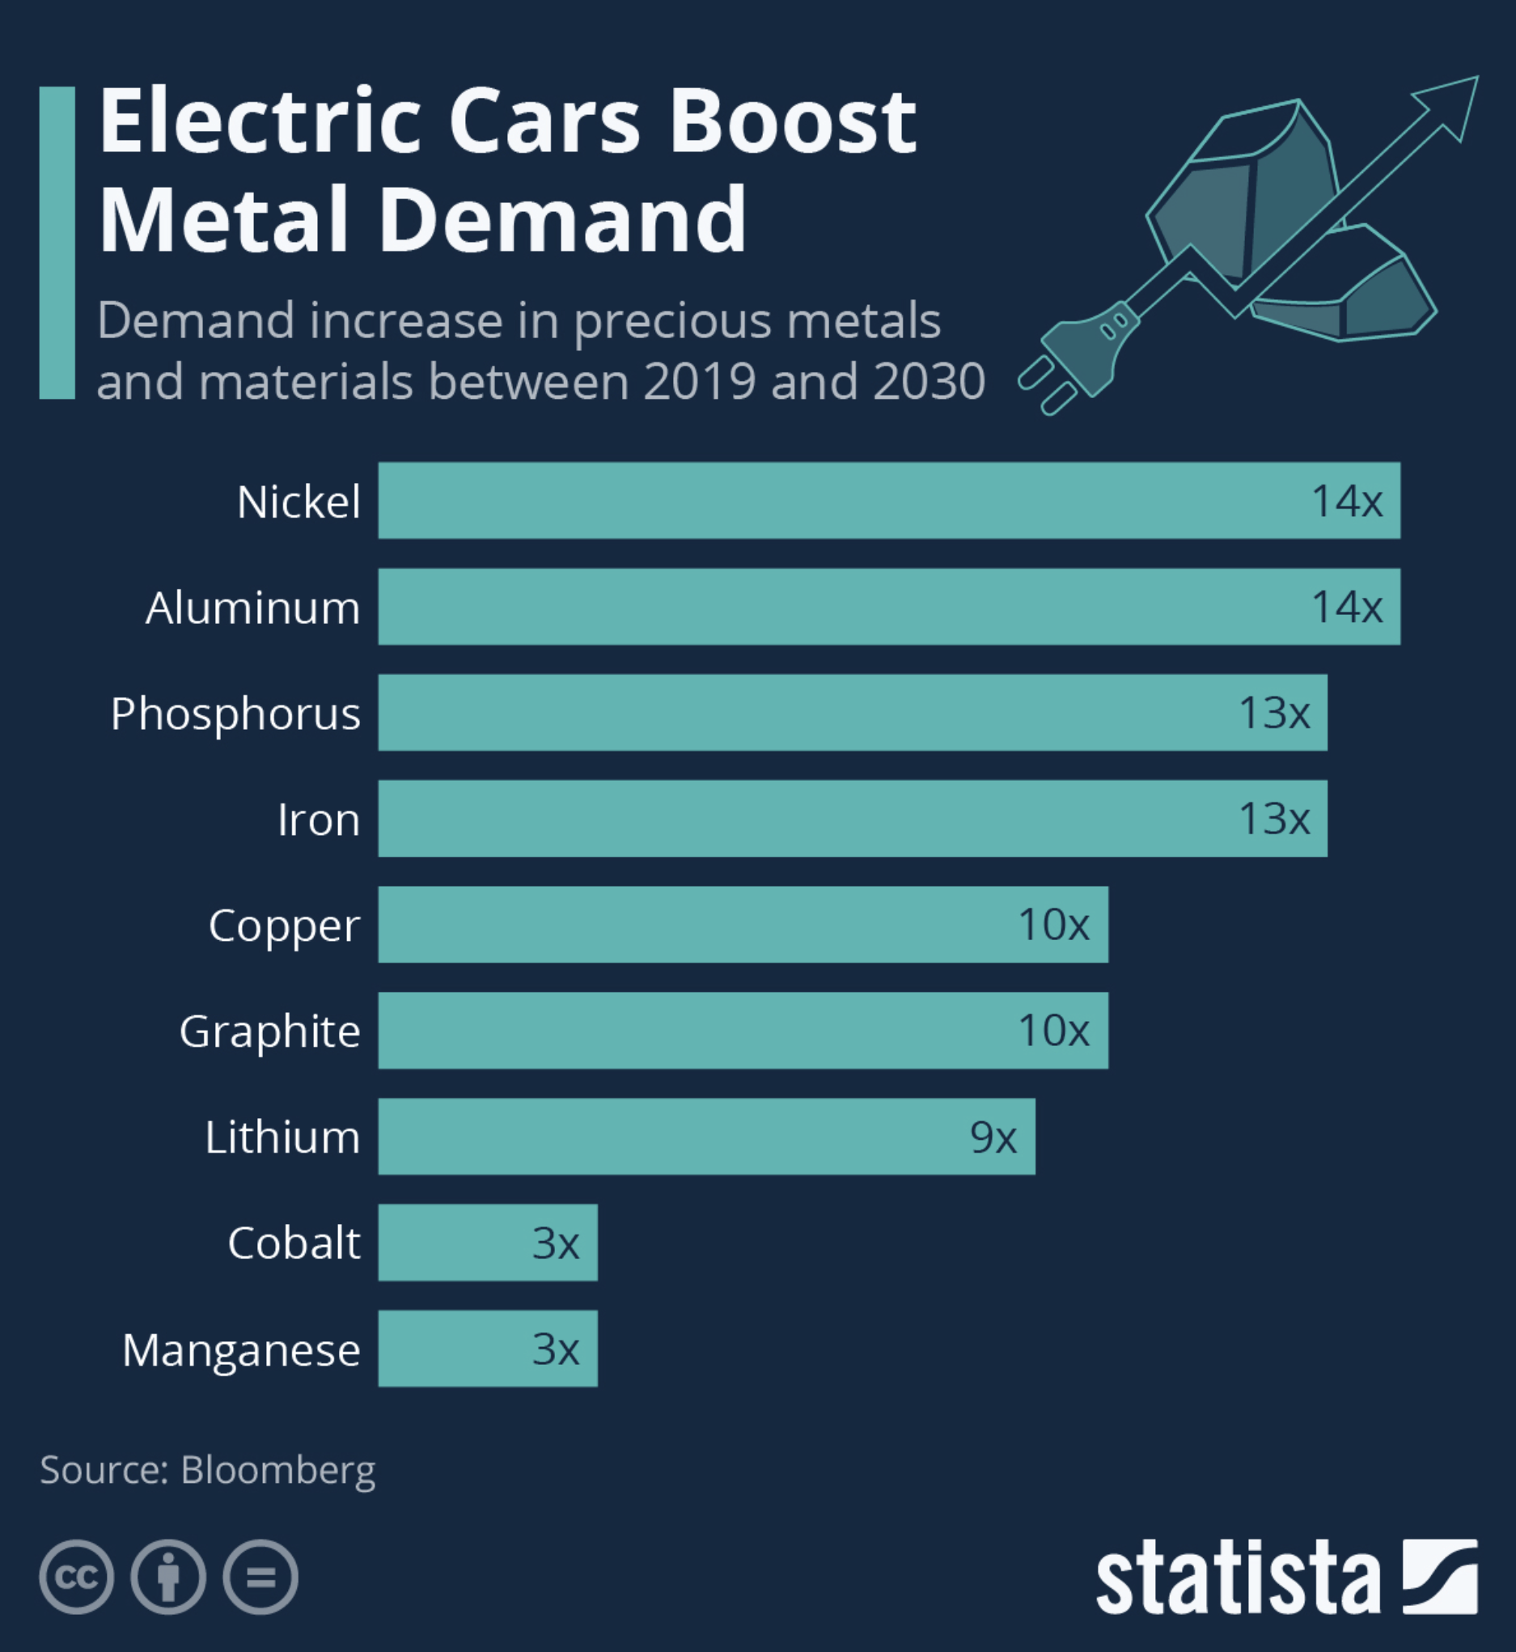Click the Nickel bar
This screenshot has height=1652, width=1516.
888,500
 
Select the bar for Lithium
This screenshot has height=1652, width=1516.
705,1137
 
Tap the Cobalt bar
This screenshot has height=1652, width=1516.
487,1243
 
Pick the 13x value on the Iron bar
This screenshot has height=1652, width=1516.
1274,819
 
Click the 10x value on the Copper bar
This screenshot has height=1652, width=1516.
1054,925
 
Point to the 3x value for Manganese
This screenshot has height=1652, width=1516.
556,1349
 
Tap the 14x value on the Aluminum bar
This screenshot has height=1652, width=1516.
1347,607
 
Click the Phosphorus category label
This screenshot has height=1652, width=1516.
235,714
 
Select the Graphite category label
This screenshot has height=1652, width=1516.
270,1031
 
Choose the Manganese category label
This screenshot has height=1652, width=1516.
241,1350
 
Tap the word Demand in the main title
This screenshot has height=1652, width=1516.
563,220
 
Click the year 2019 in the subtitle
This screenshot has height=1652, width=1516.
699,381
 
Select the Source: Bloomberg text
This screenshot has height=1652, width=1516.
208,1470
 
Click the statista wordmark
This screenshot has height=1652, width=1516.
1239,1578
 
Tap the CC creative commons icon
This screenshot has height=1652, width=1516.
77,1578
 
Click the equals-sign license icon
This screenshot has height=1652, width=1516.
260,1578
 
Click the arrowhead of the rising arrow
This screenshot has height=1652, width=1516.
1453,103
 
